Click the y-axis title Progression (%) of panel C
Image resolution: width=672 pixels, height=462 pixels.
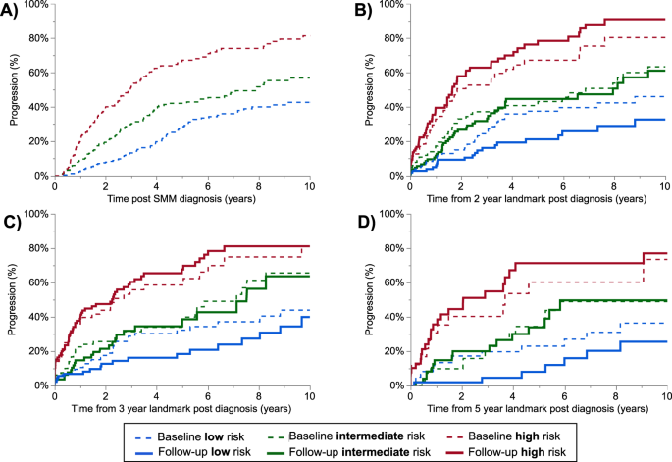(9, 299)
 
